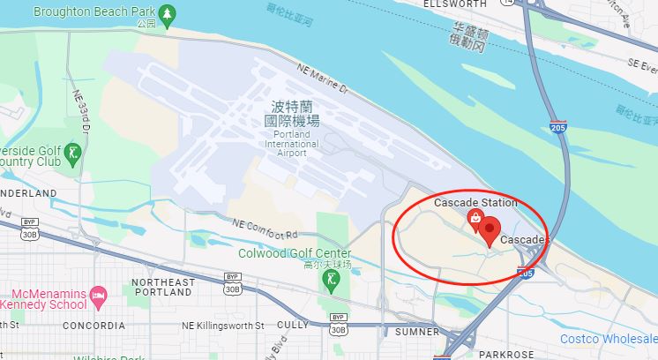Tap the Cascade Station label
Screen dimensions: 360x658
[475, 203]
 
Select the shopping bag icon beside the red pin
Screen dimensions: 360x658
[475, 217]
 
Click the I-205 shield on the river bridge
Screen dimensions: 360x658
[557, 129]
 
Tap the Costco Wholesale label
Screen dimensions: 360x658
[608, 339]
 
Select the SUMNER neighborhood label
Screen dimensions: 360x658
[417, 332]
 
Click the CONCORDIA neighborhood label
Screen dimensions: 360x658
[93, 326]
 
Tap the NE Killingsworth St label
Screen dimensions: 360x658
[222, 326]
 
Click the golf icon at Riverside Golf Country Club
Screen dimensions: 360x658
[75, 154]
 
